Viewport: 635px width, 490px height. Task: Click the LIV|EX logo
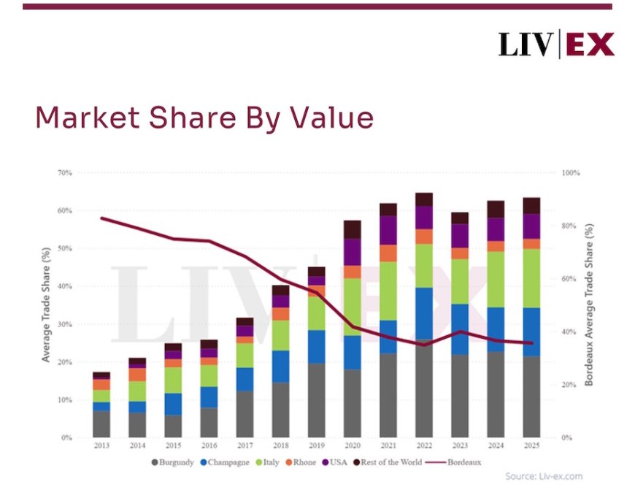556,45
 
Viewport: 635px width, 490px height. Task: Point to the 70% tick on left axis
65,173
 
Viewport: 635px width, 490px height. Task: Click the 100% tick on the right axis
571,173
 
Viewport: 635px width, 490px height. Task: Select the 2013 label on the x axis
101,445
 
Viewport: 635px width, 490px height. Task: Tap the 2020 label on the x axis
353,445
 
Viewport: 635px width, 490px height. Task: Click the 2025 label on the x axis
531,445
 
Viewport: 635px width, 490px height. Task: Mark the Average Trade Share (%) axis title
45,305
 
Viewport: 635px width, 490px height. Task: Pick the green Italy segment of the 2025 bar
531,278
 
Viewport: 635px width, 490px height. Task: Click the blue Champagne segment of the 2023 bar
460,329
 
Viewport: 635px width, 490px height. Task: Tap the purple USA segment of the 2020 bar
353,252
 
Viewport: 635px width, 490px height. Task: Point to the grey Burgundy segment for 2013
101,424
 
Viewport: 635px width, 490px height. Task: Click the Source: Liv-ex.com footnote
545,477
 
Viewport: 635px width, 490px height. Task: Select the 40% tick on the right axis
571,332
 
